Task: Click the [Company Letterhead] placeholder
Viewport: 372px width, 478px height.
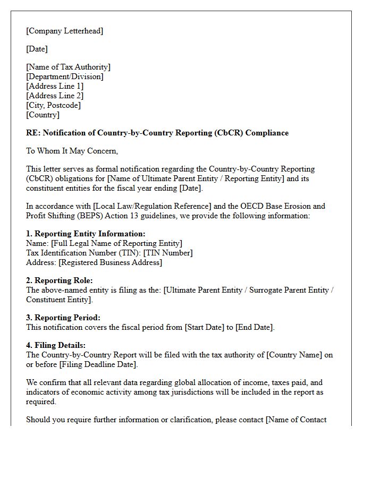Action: click(x=64, y=31)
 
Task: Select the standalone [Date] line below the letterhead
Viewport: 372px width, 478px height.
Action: click(x=37, y=49)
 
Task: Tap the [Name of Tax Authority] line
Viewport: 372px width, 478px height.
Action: click(x=68, y=67)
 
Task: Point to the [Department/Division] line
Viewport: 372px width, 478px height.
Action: click(x=64, y=76)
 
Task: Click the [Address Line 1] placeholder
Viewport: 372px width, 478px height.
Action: click(x=55, y=86)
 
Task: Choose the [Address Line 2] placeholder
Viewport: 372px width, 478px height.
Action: click(x=55, y=96)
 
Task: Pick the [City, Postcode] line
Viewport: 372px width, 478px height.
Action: click(x=53, y=105)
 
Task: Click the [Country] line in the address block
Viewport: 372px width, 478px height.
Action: click(x=43, y=115)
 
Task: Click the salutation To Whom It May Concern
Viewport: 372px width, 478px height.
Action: click(x=72, y=151)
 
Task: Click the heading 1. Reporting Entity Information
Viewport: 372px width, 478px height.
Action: click(x=86, y=234)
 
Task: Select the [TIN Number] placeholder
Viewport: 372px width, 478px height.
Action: click(x=168, y=253)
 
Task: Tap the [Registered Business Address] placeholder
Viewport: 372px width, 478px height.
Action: click(x=110, y=262)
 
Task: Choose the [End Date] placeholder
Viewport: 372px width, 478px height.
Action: click(x=255, y=327)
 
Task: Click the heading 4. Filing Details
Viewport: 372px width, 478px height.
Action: click(x=56, y=345)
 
